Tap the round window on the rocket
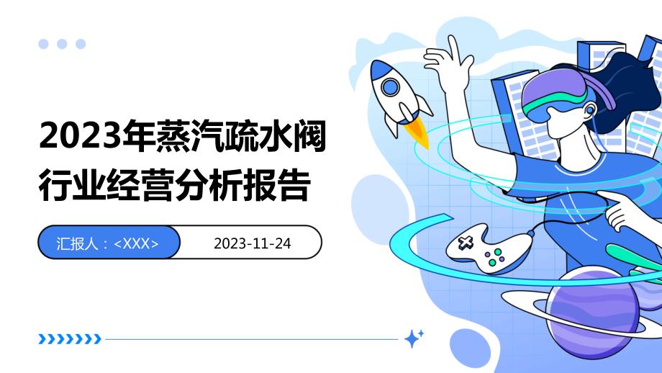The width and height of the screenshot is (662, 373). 390,88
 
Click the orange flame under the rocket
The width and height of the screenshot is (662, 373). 419,135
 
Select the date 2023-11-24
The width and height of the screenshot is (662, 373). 252,243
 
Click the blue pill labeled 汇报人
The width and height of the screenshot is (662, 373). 108,243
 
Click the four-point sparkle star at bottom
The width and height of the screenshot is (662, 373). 413,338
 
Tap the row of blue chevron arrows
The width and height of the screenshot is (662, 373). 69,338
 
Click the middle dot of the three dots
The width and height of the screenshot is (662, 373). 62,44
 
